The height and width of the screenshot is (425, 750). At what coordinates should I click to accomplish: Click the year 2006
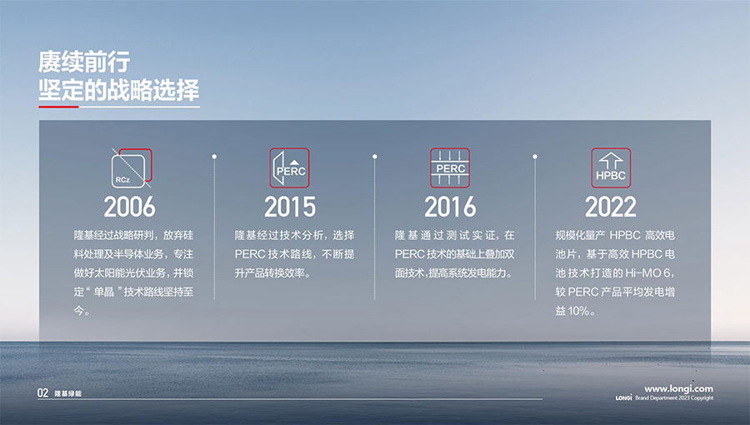(130, 207)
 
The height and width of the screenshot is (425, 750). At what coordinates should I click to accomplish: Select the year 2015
(290, 207)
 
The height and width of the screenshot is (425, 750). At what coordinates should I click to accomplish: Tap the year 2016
(450, 207)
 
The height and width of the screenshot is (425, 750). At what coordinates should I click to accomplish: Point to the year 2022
(611, 207)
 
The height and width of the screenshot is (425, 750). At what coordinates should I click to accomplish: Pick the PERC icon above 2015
(289, 167)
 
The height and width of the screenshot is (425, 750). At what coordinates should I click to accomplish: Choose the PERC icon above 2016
(450, 167)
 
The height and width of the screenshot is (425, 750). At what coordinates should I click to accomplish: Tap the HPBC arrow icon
(611, 167)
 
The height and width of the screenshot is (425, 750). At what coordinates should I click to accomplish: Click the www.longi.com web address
(678, 388)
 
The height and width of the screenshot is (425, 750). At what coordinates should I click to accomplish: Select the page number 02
(43, 393)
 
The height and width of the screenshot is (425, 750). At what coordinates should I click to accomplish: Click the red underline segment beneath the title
(58, 107)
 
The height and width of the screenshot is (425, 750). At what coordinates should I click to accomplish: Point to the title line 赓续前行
(84, 62)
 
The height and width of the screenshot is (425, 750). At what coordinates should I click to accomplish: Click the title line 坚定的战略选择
(118, 90)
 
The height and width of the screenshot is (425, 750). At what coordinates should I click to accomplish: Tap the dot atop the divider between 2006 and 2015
(214, 157)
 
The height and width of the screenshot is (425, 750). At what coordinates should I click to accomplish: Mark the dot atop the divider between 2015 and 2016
(374, 157)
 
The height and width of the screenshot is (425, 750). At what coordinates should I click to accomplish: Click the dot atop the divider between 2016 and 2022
(535, 157)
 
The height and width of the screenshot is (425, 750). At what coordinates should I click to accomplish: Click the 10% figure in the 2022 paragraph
(578, 311)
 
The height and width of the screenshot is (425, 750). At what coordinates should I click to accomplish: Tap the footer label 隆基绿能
(68, 393)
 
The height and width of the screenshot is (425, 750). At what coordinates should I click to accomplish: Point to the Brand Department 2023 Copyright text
(674, 397)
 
